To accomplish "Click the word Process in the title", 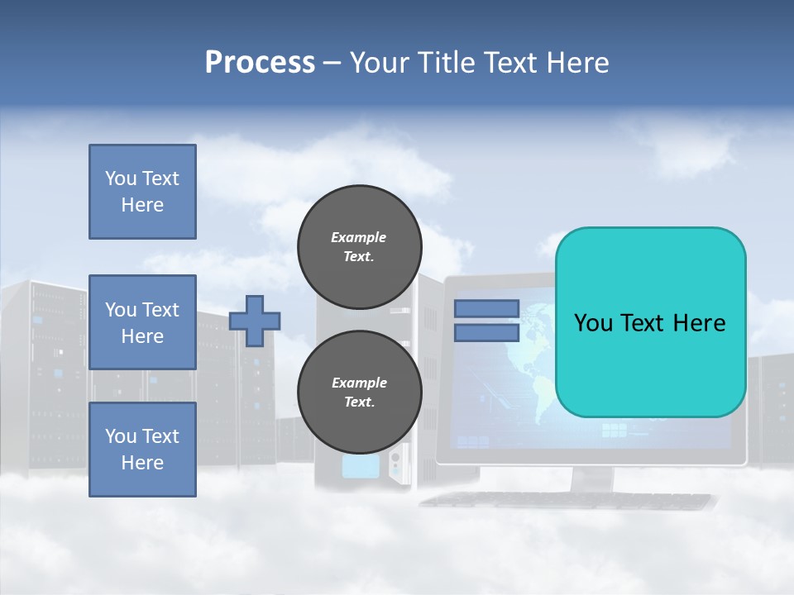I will pyautogui.click(x=260, y=63).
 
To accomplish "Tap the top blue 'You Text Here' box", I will pyautogui.click(x=142, y=192).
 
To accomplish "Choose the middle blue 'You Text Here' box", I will pyautogui.click(x=142, y=322).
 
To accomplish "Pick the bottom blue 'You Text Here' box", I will pyautogui.click(x=142, y=450).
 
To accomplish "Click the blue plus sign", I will pyautogui.click(x=255, y=321).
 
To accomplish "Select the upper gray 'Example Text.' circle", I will pyautogui.click(x=359, y=247).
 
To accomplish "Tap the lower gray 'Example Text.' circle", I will pyautogui.click(x=359, y=393).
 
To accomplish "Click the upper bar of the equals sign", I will pyautogui.click(x=486, y=308).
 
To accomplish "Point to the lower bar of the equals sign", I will pyautogui.click(x=486, y=333).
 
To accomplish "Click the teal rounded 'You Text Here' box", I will pyautogui.click(x=650, y=322).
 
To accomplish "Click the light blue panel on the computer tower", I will pyautogui.click(x=360, y=466).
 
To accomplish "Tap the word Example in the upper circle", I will pyautogui.click(x=359, y=237).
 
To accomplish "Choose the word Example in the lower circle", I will pyautogui.click(x=359, y=383).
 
